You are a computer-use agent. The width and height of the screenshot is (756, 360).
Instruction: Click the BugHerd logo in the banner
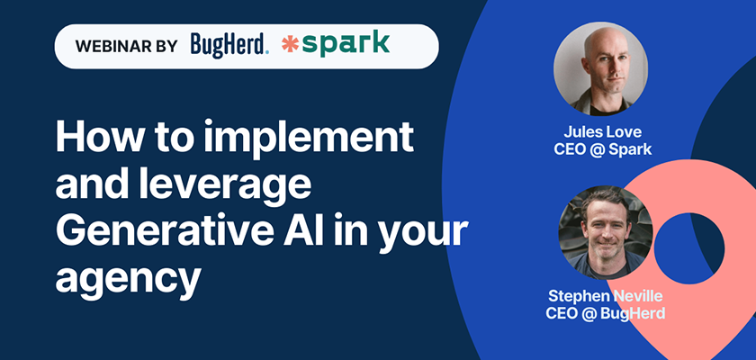coord(229,46)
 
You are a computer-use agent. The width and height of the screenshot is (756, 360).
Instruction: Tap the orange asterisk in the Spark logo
coord(291,45)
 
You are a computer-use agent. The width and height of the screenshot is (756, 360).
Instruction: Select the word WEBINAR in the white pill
coord(111,46)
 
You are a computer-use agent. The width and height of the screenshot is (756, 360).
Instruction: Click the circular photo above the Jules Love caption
coord(600,69)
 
